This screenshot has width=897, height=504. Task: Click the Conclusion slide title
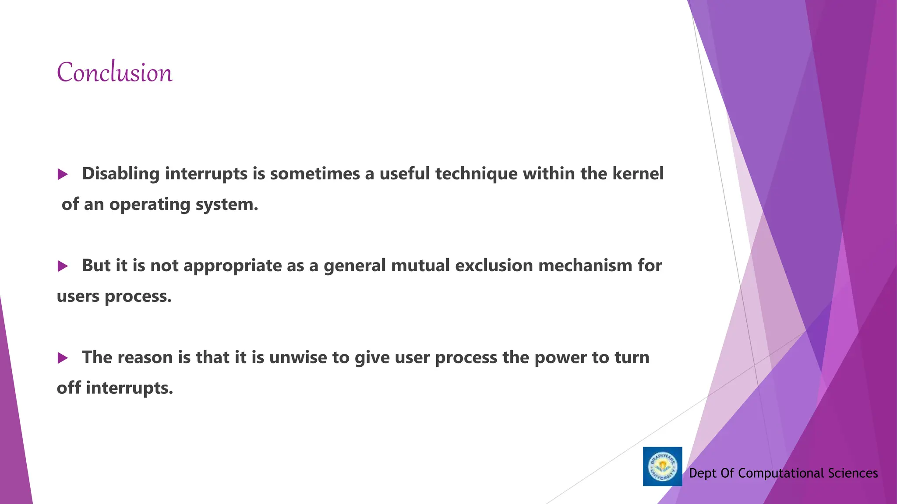pos(115,73)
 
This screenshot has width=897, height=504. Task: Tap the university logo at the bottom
pos(662,466)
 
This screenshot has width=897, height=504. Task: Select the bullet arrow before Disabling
pos(63,175)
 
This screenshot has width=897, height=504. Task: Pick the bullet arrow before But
pos(63,266)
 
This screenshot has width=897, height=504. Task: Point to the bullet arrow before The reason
pos(63,358)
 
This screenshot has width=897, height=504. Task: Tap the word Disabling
pos(121,174)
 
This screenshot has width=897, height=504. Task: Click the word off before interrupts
pos(68,388)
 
